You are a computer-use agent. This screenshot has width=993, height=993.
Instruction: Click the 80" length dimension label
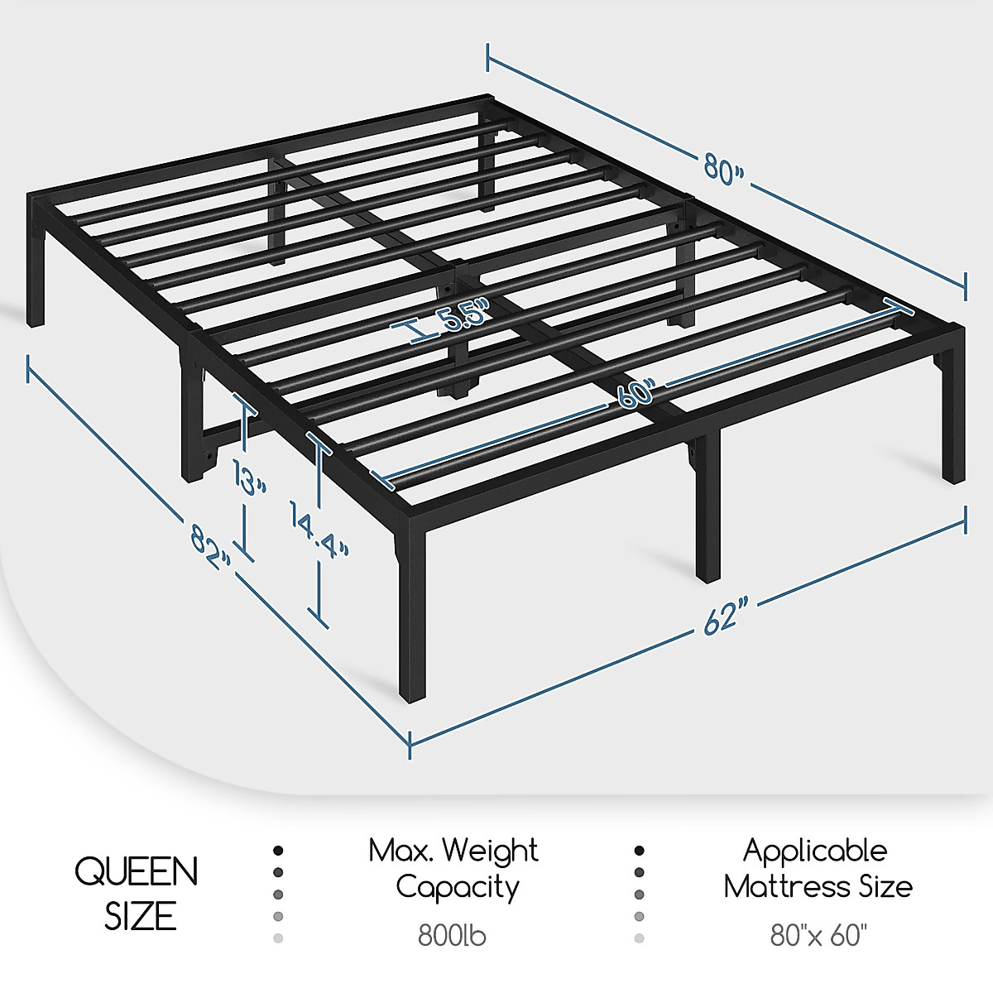pos(724,168)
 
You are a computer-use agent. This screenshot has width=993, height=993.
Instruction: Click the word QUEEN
pos(137,871)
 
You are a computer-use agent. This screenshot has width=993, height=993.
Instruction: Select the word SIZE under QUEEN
pos(140,915)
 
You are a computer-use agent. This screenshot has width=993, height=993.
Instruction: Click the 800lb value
pos(453,936)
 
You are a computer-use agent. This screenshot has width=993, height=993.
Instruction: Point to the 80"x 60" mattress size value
pos(818,936)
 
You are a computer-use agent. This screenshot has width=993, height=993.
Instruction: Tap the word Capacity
pos(457,887)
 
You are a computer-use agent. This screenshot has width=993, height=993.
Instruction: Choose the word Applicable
pos(815,851)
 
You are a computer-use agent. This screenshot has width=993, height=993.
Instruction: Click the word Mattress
pos(782,887)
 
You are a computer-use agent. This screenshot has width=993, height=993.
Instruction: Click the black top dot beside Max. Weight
pos(278,851)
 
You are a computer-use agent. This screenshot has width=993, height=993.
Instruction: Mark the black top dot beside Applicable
pos(639,851)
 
